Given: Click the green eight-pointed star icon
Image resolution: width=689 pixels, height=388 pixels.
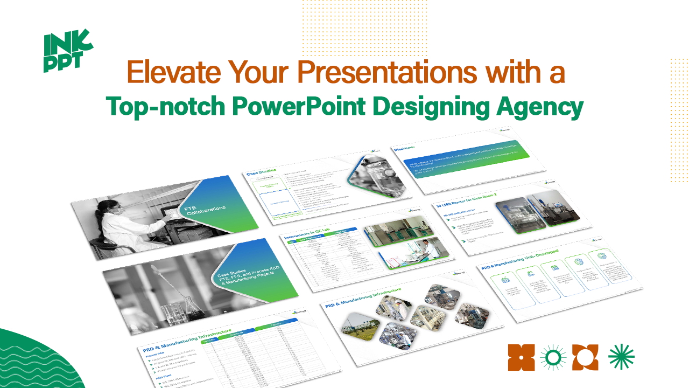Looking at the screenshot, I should point(621,357).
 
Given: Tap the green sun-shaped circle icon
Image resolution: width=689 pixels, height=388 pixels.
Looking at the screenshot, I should point(553,357).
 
